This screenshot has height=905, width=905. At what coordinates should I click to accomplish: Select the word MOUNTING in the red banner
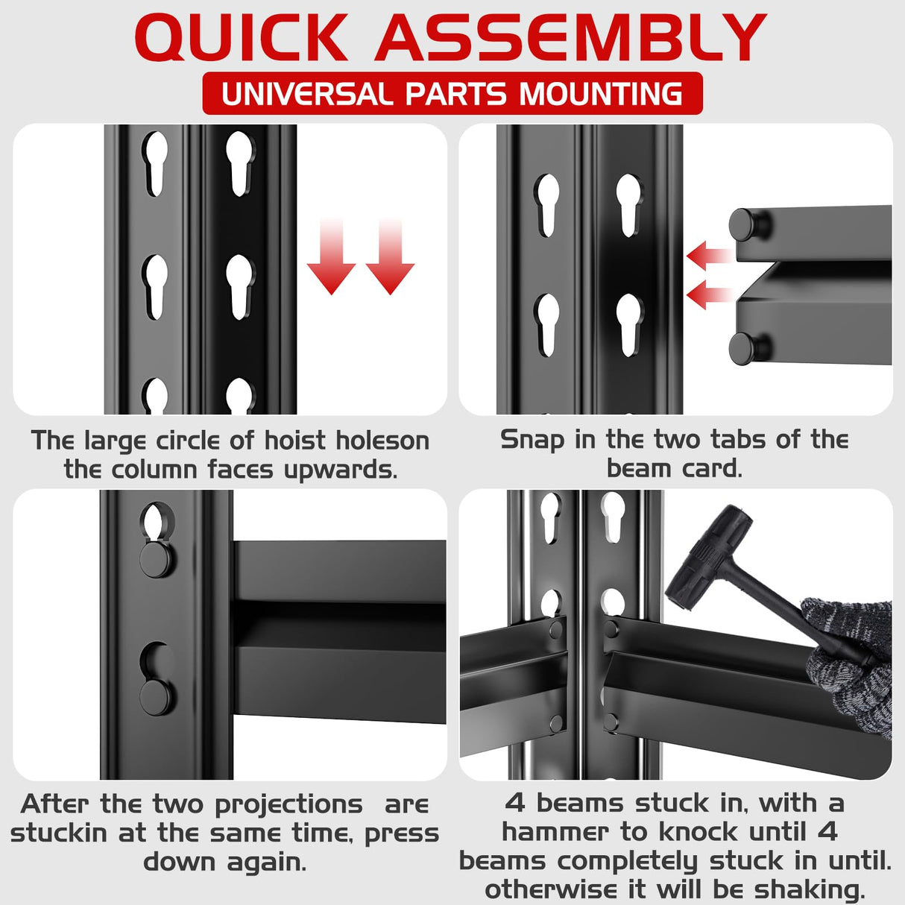601,93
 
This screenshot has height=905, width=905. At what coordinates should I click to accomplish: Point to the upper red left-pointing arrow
709,256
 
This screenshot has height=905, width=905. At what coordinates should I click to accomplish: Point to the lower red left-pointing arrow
709,295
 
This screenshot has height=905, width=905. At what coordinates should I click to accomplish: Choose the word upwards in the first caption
341,470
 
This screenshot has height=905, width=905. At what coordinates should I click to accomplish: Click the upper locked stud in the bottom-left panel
157,560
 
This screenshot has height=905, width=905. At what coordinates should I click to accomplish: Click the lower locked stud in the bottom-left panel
157,698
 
